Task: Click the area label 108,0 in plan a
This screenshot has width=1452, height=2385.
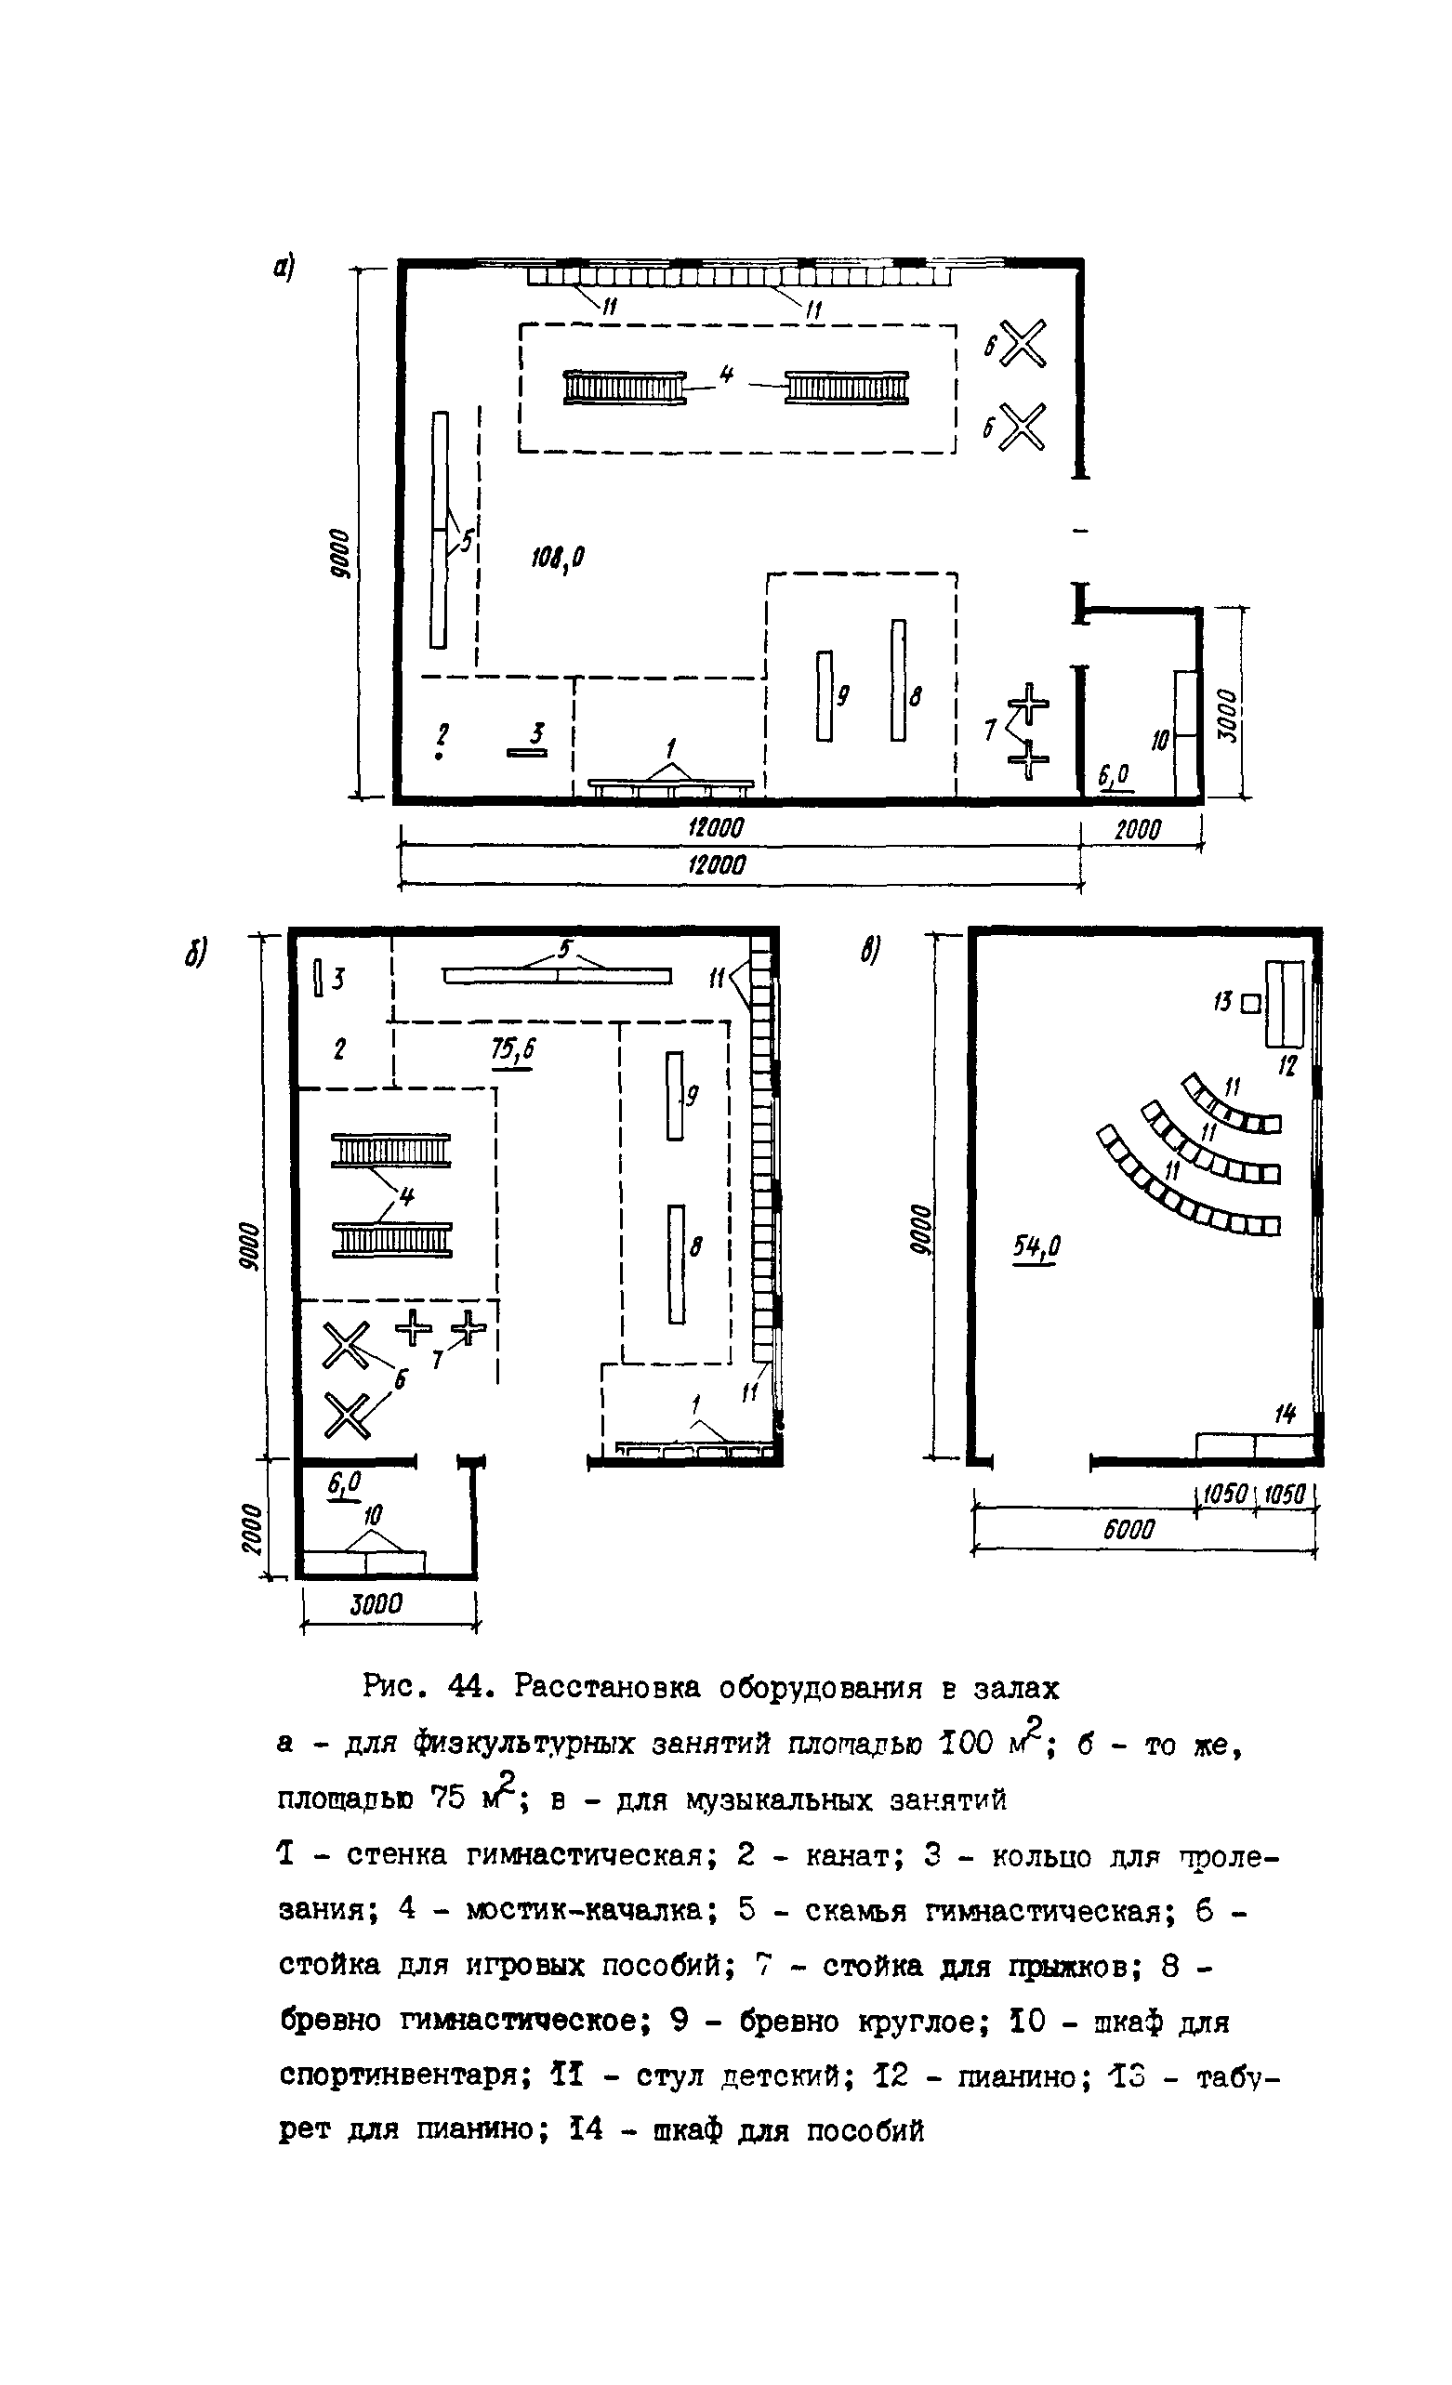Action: click(x=559, y=558)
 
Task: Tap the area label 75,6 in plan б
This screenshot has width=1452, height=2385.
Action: click(x=513, y=1050)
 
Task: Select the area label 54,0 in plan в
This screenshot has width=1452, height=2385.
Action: click(x=1036, y=1247)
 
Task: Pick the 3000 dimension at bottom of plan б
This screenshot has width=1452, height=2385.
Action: click(x=376, y=1604)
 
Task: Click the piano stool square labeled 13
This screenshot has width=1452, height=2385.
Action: click(x=1249, y=1004)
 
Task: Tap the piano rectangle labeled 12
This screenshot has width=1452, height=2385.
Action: click(x=1286, y=1003)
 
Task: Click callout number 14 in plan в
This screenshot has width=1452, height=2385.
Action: click(x=1285, y=1414)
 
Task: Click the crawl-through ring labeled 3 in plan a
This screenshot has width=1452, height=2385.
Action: click(x=526, y=752)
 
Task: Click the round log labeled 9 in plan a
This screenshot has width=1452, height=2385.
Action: click(x=824, y=696)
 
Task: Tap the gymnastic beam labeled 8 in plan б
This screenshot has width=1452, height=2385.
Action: click(x=676, y=1263)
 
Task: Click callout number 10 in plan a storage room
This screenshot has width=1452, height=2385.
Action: click(x=1160, y=742)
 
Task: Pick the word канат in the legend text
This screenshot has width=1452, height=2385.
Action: click(x=850, y=1855)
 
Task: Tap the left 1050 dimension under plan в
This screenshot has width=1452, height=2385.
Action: click(x=1224, y=1494)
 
